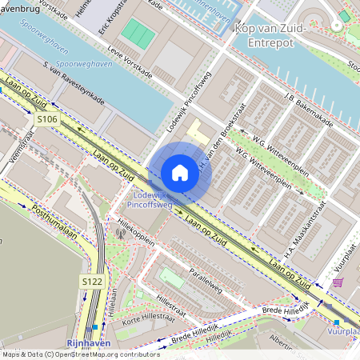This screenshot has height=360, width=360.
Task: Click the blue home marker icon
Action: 180,173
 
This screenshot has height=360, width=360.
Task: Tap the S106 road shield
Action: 47,119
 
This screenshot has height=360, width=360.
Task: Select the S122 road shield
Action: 90,282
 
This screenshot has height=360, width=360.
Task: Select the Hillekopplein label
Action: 135,226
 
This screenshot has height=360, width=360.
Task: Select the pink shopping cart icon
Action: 338,282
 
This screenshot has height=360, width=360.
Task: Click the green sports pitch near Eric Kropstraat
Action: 138,33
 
